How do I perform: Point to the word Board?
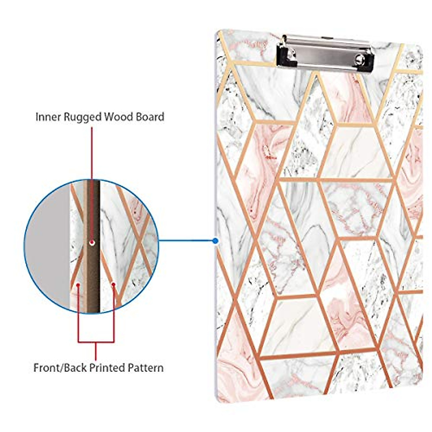(x=150, y=117)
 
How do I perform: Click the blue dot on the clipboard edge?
(x=215, y=241)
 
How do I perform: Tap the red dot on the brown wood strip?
(x=92, y=243)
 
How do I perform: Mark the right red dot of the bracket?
(x=113, y=285)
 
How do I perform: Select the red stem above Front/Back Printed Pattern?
(x=96, y=351)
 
